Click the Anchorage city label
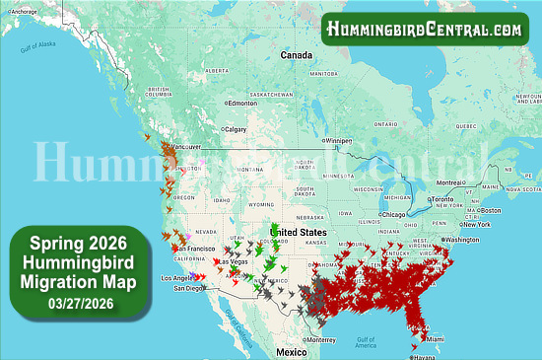click(x=24, y=12)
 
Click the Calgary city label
click(x=237, y=129)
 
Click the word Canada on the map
click(x=298, y=56)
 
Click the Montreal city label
click(x=479, y=182)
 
